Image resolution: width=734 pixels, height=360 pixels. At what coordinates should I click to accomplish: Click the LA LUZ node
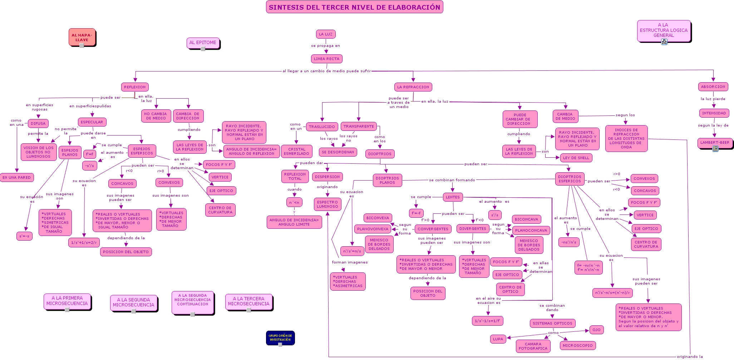326,34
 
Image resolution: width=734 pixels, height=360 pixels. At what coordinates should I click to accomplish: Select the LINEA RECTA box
326,59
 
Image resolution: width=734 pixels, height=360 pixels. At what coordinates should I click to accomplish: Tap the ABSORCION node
713,87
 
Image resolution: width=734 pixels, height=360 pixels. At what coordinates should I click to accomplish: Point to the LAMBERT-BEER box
715,143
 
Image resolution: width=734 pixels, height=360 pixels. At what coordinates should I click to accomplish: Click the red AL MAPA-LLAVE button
82,37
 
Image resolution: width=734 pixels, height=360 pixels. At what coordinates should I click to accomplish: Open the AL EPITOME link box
203,43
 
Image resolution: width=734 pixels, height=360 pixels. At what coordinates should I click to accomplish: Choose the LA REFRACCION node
413,87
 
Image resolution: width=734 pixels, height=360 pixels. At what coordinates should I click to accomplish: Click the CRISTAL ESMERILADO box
296,151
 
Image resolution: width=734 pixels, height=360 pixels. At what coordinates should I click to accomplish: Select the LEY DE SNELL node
576,158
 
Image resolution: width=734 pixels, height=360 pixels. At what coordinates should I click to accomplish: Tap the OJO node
596,330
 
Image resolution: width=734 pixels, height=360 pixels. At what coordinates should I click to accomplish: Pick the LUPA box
498,339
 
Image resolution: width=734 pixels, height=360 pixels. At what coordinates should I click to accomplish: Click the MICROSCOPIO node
577,346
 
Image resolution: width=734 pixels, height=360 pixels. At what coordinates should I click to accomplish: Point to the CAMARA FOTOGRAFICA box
533,346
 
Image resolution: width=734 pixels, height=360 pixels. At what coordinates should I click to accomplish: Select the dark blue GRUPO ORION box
280,337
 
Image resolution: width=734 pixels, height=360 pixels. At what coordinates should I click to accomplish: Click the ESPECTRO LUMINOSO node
327,204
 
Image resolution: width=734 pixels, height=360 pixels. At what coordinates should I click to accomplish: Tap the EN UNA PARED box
17,178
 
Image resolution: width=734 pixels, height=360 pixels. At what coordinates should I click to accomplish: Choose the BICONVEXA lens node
378,218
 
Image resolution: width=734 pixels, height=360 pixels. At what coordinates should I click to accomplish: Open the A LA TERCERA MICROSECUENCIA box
248,301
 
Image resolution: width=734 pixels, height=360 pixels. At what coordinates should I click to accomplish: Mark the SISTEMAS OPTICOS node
552,324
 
